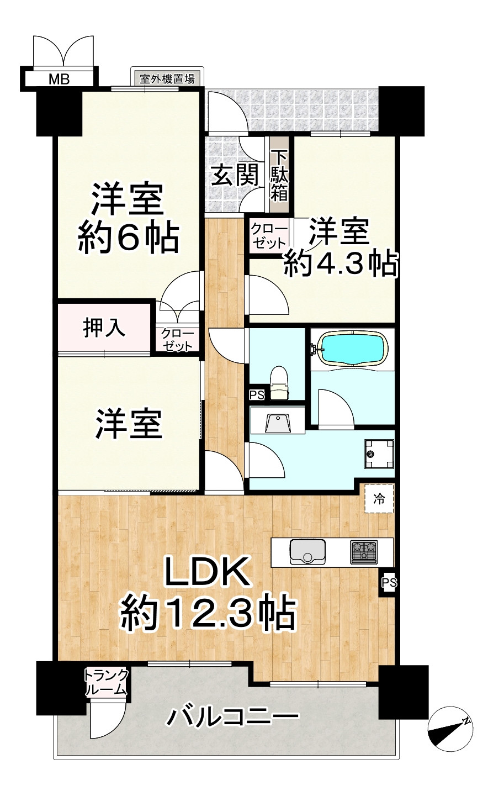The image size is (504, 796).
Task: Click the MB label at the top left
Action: [x=59, y=79]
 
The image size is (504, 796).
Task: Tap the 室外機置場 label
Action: [x=167, y=78]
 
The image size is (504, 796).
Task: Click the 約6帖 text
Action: [x=128, y=238]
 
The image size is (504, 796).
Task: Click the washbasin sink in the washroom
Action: [x=278, y=423]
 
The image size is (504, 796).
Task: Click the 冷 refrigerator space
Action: [x=379, y=499]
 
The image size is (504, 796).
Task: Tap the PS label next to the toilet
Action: [x=257, y=395]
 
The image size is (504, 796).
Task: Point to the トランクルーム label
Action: [x=107, y=683]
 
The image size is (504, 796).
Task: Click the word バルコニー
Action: [x=234, y=718]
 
